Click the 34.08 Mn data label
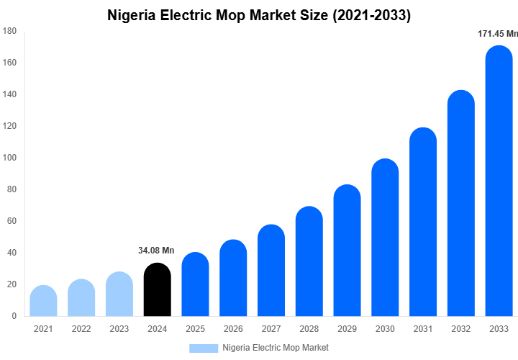pyautogui.click(x=156, y=251)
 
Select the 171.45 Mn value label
pyautogui.click(x=498, y=34)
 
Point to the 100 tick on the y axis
pyautogui.click(x=9, y=158)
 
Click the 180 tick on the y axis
pyautogui.click(x=9, y=31)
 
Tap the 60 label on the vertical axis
pyautogui.click(x=12, y=221)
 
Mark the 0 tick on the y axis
pyautogui.click(x=14, y=316)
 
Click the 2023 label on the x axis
pyautogui.click(x=119, y=329)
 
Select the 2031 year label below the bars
pyautogui.click(x=422, y=329)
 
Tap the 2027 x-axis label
pyautogui.click(x=271, y=329)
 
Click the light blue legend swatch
pyautogui.click(x=203, y=348)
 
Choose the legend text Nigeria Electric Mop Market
pyautogui.click(x=276, y=348)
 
